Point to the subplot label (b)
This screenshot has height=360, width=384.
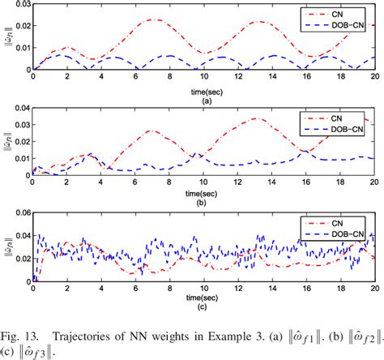coord(203,200)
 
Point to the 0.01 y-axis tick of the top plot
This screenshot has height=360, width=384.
coord(19,49)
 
